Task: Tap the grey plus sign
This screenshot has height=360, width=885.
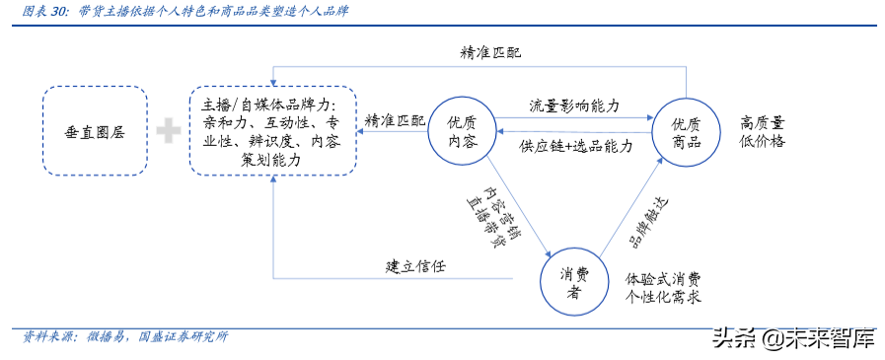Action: point(169,128)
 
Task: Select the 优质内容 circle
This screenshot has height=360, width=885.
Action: point(462,130)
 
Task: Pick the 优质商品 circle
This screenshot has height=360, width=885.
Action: point(686,131)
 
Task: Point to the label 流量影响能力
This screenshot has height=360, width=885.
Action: point(573,105)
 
